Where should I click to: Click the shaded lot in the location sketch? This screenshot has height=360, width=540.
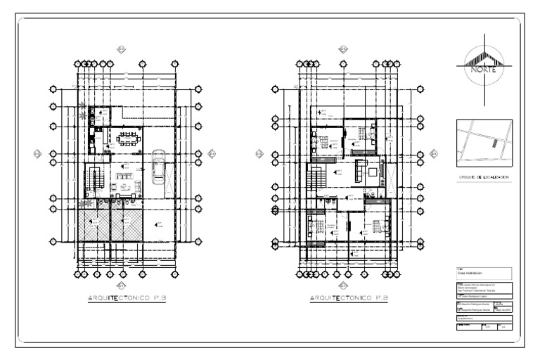pyautogui.click(x=494, y=144)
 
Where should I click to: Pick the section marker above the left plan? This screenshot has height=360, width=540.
pyautogui.click(x=120, y=49)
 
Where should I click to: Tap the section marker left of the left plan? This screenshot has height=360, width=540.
pyautogui.click(x=36, y=153)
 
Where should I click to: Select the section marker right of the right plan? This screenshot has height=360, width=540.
pyautogui.click(x=434, y=153)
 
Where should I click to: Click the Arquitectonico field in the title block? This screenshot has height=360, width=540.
pyautogui.click(x=469, y=319)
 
